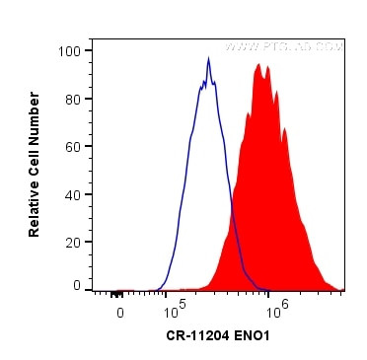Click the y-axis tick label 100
pyautogui.click(x=71, y=50)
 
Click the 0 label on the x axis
pyautogui.click(x=119, y=313)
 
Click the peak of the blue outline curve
pyautogui.click(x=208, y=58)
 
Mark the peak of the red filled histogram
pyautogui.click(x=259, y=65)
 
